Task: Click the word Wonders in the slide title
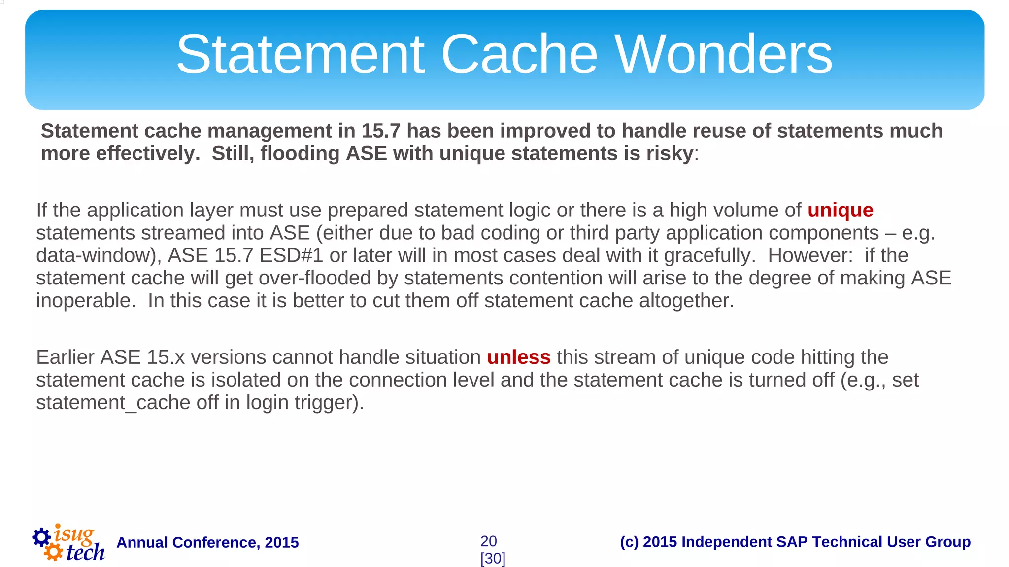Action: coord(723,54)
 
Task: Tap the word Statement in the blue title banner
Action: coord(300,54)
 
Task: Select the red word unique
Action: coord(840,211)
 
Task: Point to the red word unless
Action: coord(518,357)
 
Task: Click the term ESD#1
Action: coord(291,256)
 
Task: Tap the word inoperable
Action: coord(85,301)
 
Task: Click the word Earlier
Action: coord(65,357)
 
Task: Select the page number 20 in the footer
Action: coord(488,541)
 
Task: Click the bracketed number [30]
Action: coord(493,559)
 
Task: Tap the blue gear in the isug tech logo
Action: coord(41,537)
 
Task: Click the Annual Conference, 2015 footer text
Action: coord(207,543)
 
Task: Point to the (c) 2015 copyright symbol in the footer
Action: coord(629,542)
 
